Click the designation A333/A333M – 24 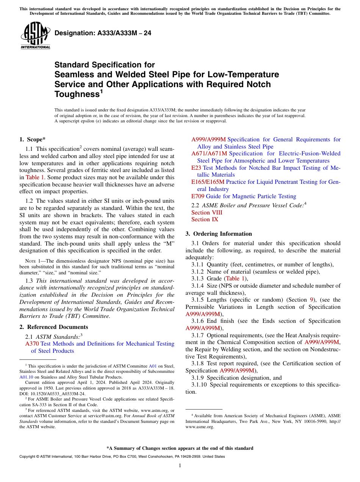coord(103,33)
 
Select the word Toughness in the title coord(77,94)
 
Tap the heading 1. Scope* coord(33,139)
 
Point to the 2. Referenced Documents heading coord(53,327)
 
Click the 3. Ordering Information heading coord(218,234)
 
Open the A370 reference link coord(32,344)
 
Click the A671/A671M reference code coord(209,153)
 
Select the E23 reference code coord(196,168)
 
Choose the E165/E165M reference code coord(208,182)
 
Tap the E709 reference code coord(198,196)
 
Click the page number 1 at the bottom coord(180,466)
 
